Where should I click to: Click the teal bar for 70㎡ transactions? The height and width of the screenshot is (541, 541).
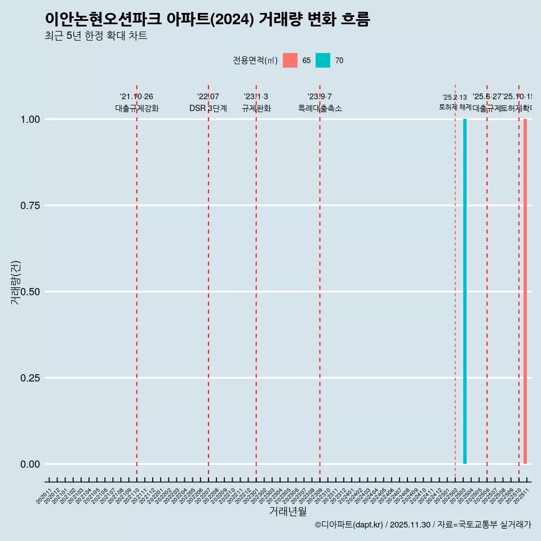click(465, 291)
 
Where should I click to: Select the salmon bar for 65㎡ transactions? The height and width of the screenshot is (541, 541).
click(525, 291)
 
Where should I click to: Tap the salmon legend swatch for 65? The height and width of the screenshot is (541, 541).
click(290, 60)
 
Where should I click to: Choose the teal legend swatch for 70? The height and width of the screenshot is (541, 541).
click(323, 60)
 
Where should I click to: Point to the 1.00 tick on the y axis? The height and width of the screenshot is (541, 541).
click(30, 119)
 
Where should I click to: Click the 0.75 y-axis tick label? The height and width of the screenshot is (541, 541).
click(30, 205)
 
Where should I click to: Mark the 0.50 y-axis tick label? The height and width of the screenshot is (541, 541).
click(30, 291)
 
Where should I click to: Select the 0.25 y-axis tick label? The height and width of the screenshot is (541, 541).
click(30, 378)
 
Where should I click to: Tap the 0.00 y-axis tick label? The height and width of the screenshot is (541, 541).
click(30, 464)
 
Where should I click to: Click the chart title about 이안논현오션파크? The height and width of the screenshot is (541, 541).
click(207, 19)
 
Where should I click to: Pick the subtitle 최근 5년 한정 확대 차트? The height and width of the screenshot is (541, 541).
click(96, 36)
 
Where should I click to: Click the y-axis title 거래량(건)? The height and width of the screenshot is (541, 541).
click(15, 282)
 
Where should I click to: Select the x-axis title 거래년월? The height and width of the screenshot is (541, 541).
click(287, 511)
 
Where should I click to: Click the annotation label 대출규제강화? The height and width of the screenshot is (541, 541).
click(137, 108)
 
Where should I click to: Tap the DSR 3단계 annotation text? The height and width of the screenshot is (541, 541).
click(208, 108)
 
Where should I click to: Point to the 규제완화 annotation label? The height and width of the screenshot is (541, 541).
click(256, 108)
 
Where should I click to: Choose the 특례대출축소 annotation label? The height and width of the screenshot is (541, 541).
click(320, 108)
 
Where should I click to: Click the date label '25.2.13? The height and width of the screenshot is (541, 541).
click(455, 97)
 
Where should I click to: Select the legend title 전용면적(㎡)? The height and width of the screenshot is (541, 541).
click(255, 60)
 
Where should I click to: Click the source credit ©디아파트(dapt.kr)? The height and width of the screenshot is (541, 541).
click(349, 525)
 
